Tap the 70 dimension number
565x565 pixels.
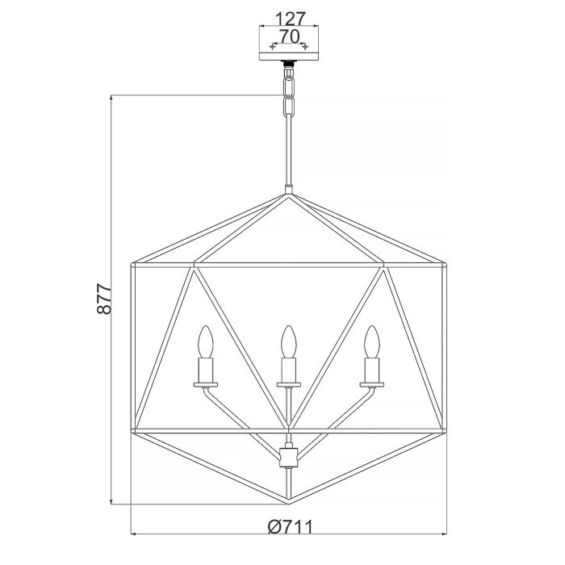click(287, 36)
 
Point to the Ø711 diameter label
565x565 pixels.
click(288, 526)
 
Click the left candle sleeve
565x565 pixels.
click(204, 370)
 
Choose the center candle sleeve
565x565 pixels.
click(286, 370)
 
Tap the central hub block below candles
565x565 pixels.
click(287, 458)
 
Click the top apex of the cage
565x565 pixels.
click(287, 194)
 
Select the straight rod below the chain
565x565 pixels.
click(287, 153)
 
